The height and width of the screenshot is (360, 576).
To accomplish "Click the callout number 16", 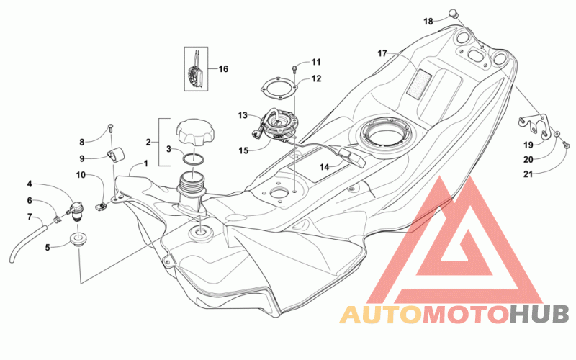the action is [x=223, y=69].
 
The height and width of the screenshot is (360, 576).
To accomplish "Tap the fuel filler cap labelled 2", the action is [x=194, y=132].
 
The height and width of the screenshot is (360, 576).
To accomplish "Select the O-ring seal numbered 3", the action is [x=193, y=159].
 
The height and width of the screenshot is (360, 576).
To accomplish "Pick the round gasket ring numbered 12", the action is [x=279, y=88].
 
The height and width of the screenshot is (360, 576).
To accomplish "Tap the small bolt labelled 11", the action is [x=294, y=68].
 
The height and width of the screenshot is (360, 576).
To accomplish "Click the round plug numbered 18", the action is [x=454, y=14].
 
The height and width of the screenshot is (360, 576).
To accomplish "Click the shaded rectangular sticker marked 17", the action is [x=418, y=84].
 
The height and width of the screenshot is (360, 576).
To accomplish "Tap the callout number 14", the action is [x=324, y=167].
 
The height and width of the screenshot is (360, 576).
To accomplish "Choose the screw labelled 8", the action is [x=111, y=128].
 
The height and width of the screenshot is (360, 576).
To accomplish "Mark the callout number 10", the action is [x=81, y=175].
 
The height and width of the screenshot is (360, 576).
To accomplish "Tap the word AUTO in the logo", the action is [x=381, y=315].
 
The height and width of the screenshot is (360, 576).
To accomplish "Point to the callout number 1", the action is [x=146, y=163].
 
